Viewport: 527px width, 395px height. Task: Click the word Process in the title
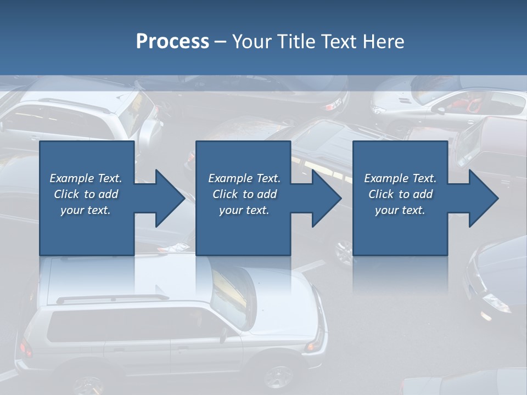pyautogui.click(x=172, y=42)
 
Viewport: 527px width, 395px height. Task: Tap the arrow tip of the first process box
pyautogui.click(x=183, y=198)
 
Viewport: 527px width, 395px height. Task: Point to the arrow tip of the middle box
pyautogui.click(x=340, y=198)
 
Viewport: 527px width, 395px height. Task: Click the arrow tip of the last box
pyautogui.click(x=497, y=198)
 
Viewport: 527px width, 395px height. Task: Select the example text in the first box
pyautogui.click(x=86, y=194)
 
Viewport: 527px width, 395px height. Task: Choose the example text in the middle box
pyautogui.click(x=244, y=194)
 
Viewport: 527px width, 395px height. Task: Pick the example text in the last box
pyautogui.click(x=400, y=194)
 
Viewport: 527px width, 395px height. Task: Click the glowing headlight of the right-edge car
pyautogui.click(x=486, y=315)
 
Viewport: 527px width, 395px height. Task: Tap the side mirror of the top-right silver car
pyautogui.click(x=441, y=110)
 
